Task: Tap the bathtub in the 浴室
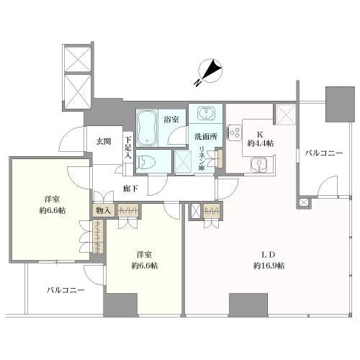click(150, 127)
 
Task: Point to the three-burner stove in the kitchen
click(234, 132)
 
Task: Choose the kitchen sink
click(258, 165)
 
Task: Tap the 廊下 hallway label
click(130, 189)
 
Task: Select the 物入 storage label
click(103, 210)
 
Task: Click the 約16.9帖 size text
click(269, 266)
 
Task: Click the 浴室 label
click(171, 118)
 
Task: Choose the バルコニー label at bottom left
click(66, 290)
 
